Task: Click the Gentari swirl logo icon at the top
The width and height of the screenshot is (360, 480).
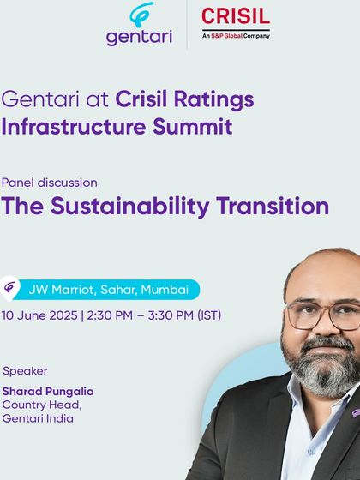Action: click(141, 16)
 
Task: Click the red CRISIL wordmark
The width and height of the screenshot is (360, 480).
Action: click(235, 16)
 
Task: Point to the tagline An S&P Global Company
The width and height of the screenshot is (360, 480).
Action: click(235, 35)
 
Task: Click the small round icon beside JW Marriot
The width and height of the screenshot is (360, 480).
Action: click(12, 289)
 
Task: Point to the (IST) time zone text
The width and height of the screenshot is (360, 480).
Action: click(209, 315)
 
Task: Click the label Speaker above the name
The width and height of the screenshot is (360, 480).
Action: click(26, 371)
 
